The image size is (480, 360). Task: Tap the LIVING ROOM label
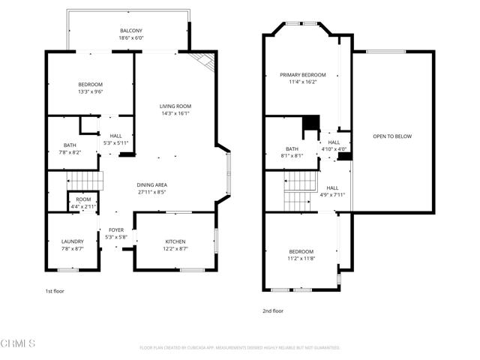point(175,106)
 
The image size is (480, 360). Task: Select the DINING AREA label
point(151,184)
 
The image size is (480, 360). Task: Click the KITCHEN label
point(175,241)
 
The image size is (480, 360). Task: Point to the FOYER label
point(116,230)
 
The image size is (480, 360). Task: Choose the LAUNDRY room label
point(72,241)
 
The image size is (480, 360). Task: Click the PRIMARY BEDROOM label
point(303,75)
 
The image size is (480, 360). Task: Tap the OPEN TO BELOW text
point(392,136)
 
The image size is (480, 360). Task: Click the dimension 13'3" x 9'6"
point(90,91)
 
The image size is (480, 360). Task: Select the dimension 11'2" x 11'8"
point(301,259)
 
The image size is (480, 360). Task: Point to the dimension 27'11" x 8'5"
point(151,192)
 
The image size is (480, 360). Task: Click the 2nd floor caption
point(273,310)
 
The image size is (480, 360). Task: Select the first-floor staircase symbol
point(83,181)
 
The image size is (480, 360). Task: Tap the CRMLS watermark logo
point(19,343)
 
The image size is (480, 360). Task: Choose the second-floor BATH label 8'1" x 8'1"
point(292,152)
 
